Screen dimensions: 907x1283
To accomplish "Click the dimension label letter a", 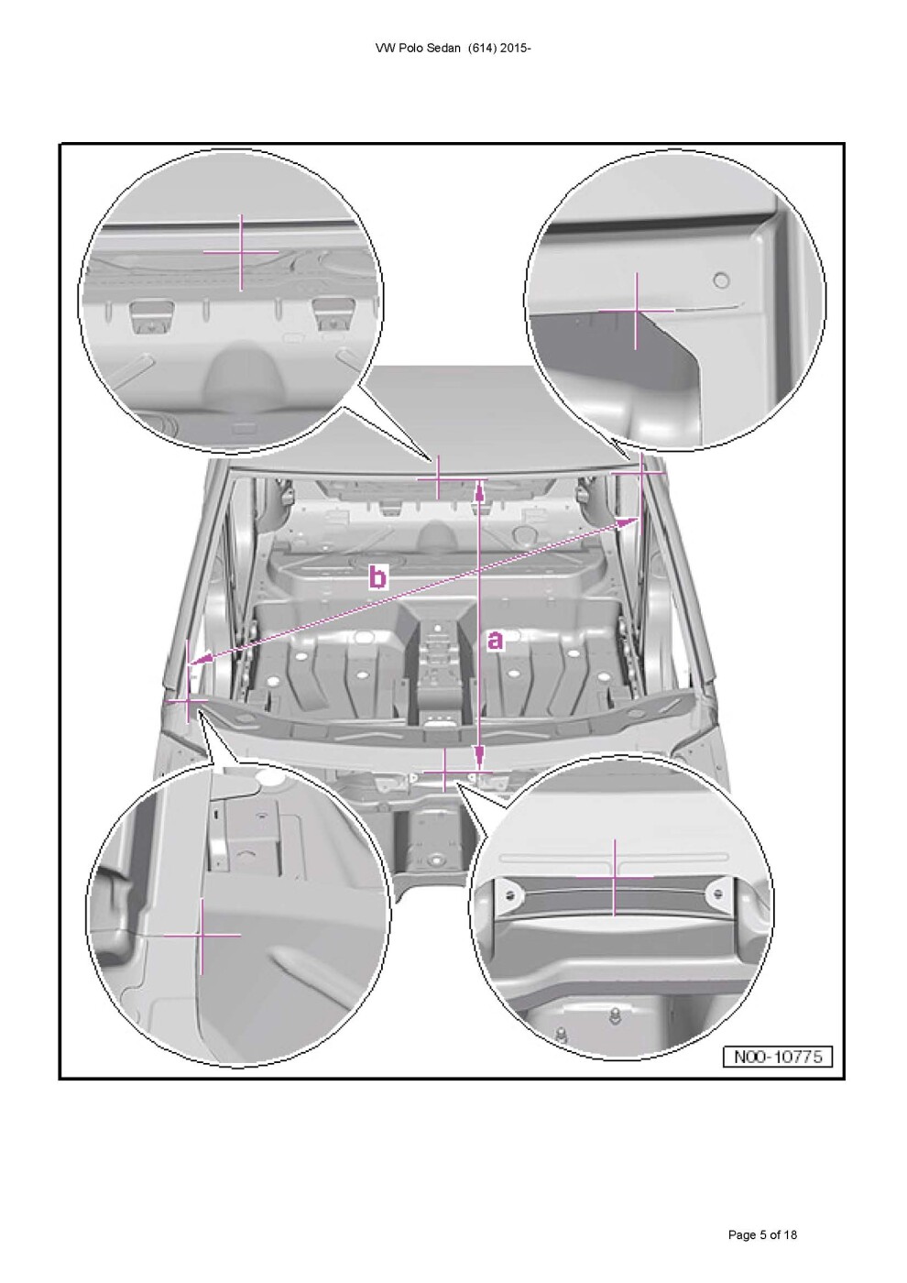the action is coord(496,641).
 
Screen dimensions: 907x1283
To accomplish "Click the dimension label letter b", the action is coord(377,576).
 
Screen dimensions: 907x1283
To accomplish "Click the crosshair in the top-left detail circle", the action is coord(241,251).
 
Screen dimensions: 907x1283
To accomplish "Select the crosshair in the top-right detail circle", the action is coord(636,311).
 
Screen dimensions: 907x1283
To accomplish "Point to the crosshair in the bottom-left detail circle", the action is coord(202,936).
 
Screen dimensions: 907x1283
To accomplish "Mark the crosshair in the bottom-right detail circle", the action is coord(615,877).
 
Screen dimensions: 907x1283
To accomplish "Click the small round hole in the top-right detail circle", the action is coord(722,280).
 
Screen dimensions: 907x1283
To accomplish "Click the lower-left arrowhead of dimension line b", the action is coord(200,661).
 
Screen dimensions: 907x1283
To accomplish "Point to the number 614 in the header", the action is coord(481,49).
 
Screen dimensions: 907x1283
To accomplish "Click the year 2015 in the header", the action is coord(513,49).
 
